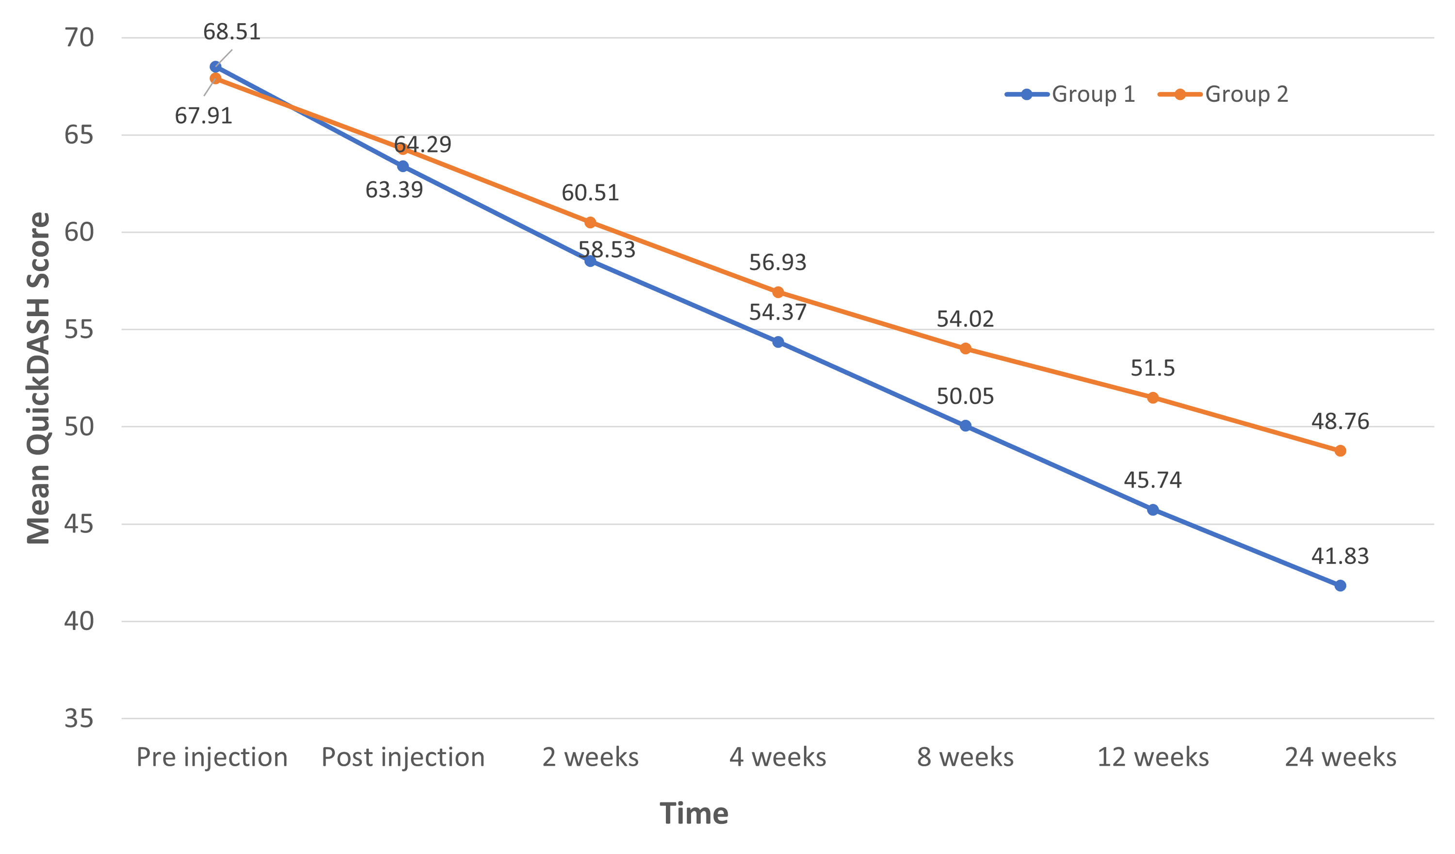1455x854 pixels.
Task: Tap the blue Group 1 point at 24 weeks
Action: point(1340,585)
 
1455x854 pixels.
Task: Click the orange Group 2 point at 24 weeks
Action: point(1340,451)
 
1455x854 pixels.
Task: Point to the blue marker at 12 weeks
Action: point(1152,509)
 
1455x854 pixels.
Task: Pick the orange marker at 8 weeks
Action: point(965,348)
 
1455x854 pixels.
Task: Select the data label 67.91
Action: point(203,116)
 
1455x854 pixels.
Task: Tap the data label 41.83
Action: point(1340,556)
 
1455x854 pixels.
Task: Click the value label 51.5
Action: point(1152,368)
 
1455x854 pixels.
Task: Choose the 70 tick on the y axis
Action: point(79,38)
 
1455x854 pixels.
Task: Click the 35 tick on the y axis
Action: point(79,719)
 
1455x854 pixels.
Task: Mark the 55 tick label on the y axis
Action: point(79,330)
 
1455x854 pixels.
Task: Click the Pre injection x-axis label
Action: point(212,757)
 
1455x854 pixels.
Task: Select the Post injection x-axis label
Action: point(403,757)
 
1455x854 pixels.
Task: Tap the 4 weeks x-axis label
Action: point(778,757)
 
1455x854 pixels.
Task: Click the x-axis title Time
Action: point(694,814)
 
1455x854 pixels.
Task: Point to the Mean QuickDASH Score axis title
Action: point(39,378)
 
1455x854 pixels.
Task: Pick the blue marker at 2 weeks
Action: point(590,261)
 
